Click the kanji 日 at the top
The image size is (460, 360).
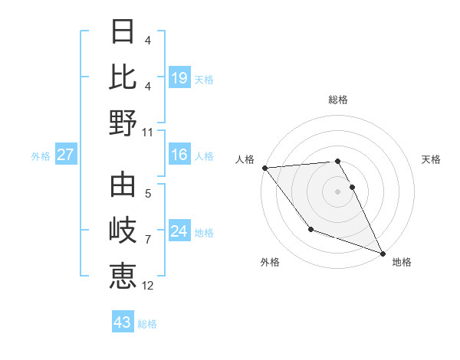pos(123,32)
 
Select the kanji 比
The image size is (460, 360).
pos(123,77)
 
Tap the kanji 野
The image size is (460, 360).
pos(123,122)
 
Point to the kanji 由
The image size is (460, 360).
pos(123,185)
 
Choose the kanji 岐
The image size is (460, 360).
pos(123,230)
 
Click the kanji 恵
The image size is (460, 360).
pos(123,275)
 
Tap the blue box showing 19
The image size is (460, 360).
pos(179,77)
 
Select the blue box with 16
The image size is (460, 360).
pos(179,155)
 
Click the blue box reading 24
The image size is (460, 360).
pos(179,231)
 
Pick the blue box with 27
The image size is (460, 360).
pos(66,155)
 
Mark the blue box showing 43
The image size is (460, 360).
pos(123,322)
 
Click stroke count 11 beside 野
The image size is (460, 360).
pos(148,132)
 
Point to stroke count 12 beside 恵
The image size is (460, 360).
pos(148,286)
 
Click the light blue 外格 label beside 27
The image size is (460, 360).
pos(41,156)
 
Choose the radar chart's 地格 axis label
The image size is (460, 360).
pos(402,262)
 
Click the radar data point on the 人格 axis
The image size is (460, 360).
pos(264,168)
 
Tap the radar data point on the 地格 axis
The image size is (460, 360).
pos(382,253)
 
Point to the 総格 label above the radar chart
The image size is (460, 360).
pos(338,100)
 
